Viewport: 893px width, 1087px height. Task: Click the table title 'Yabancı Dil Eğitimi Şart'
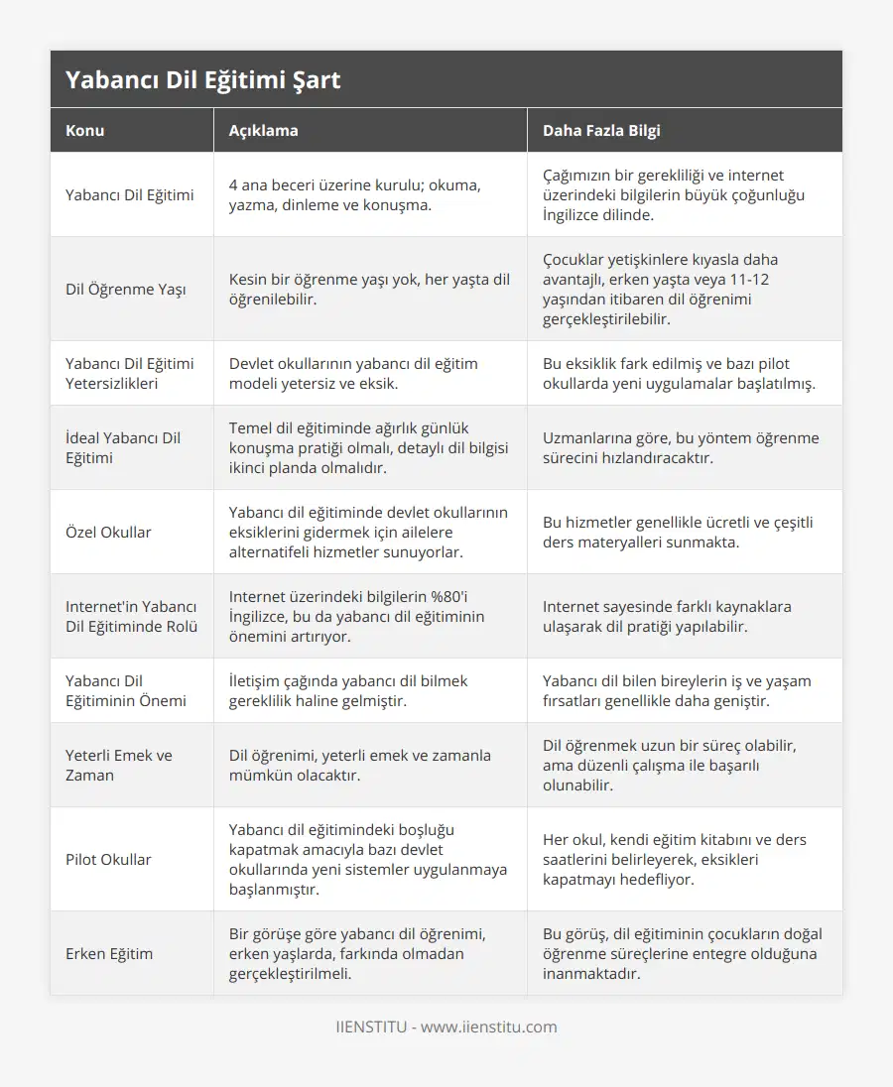point(202,80)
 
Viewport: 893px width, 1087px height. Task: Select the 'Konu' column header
point(85,130)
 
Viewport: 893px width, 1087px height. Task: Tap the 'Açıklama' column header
point(263,130)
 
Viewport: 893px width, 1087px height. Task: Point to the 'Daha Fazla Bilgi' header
point(601,130)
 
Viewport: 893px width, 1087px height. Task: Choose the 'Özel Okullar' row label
point(108,532)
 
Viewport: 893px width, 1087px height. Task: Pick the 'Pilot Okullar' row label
point(108,859)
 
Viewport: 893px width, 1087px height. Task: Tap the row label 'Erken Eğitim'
point(109,953)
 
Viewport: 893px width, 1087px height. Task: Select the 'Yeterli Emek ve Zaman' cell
point(118,765)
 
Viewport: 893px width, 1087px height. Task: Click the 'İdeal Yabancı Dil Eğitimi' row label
point(123,447)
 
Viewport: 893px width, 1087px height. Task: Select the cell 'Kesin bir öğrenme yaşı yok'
point(369,289)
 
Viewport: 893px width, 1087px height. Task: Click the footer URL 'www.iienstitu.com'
point(489,1027)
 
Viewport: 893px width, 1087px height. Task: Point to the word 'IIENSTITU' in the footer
point(371,1027)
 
